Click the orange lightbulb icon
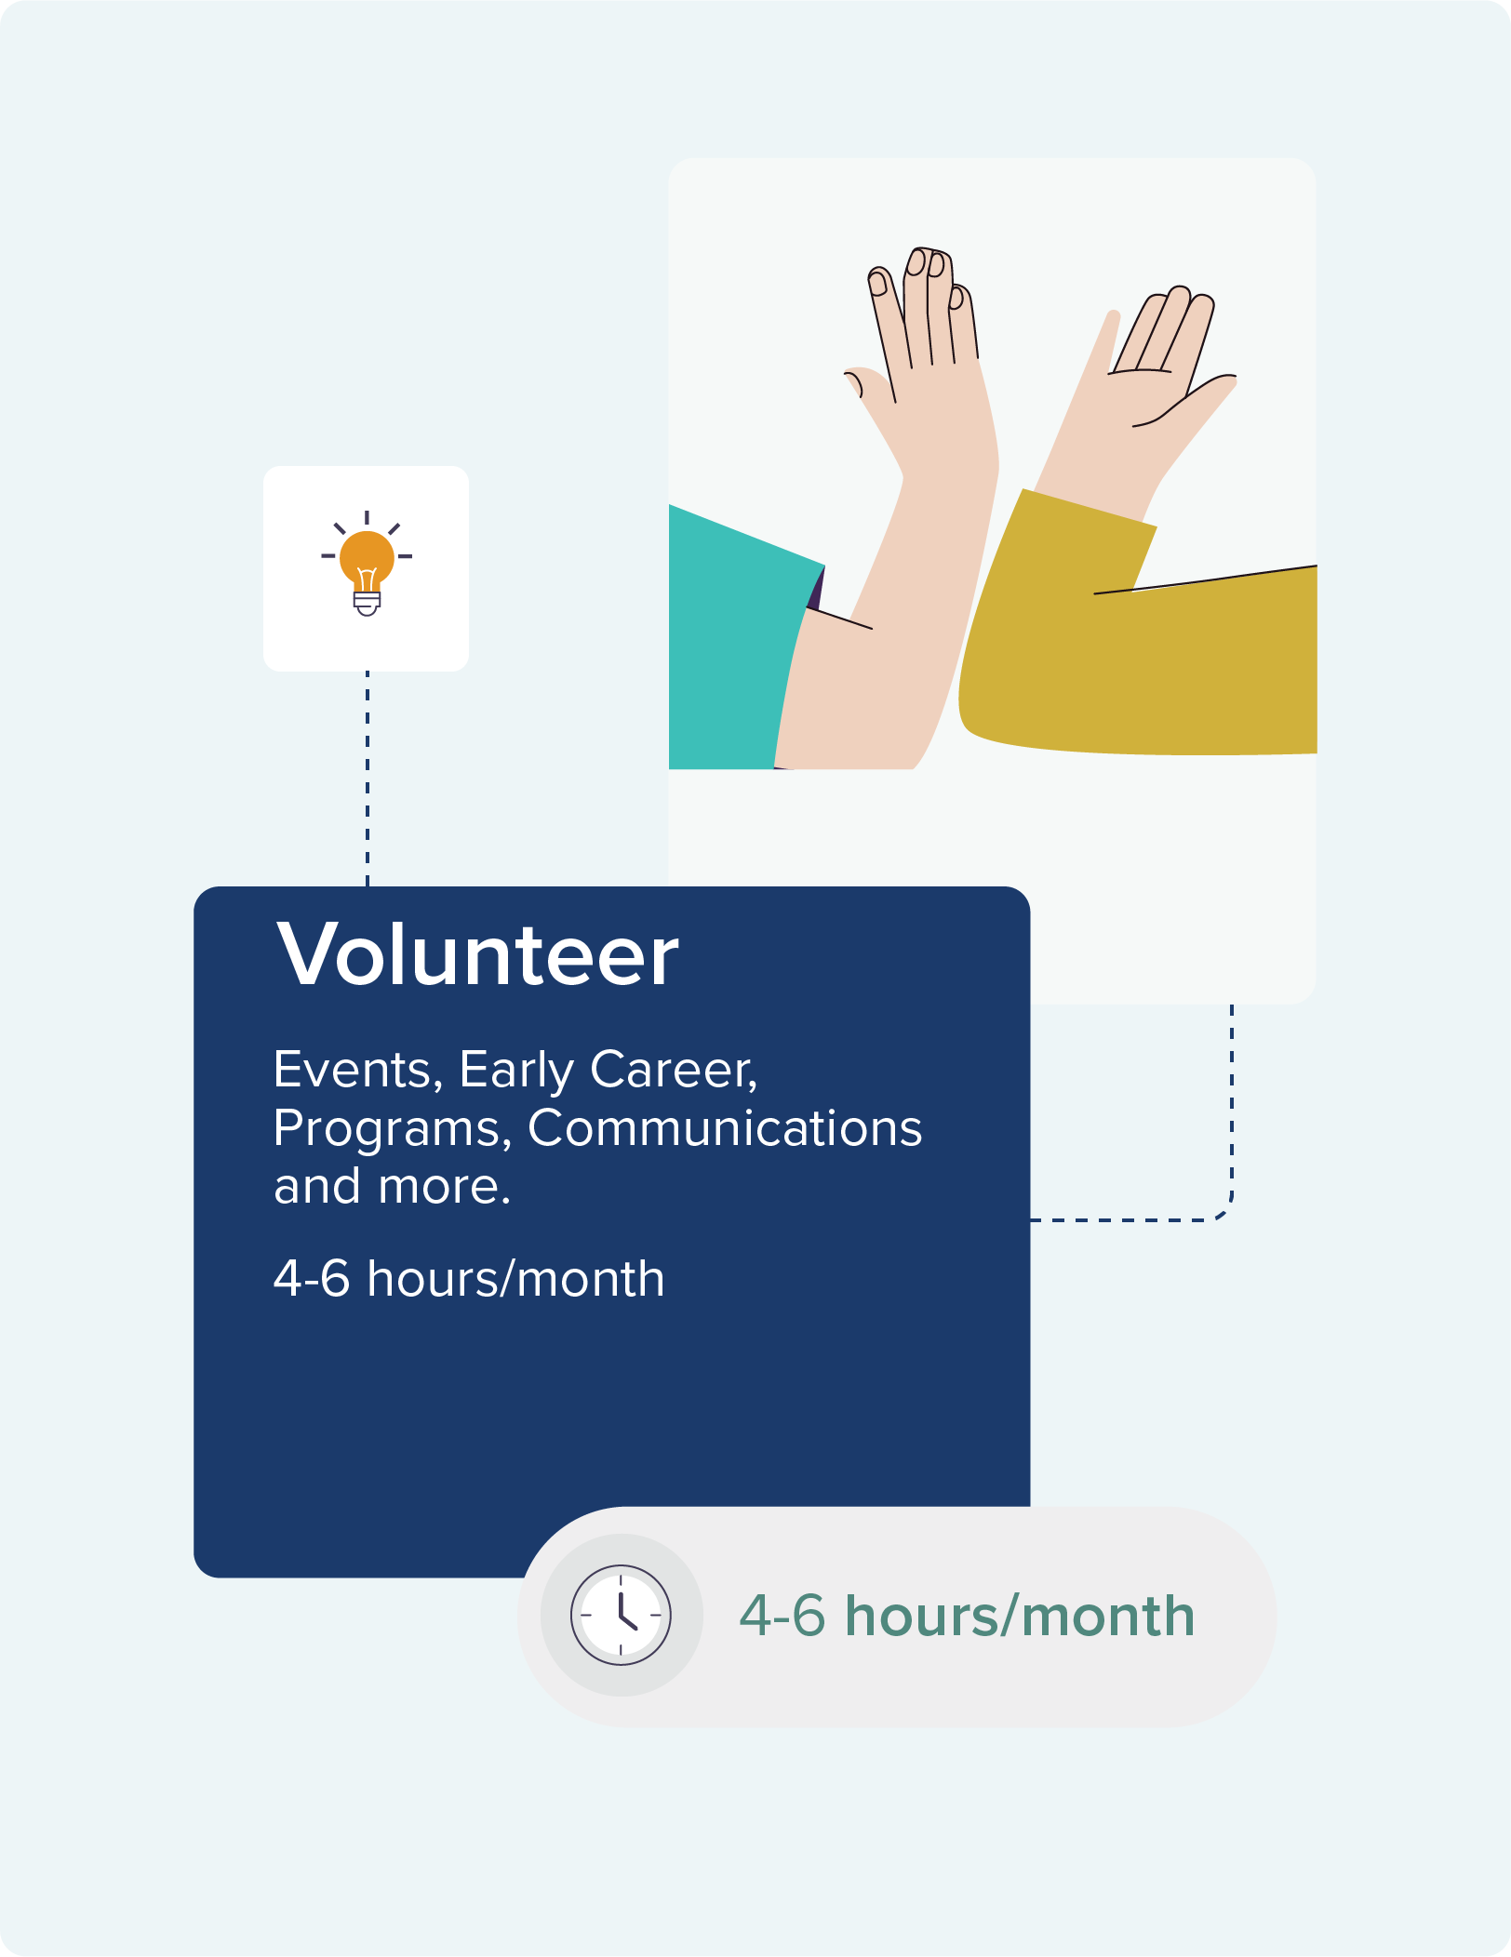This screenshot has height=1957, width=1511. (367, 564)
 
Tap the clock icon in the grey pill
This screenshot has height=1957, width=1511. (621, 1615)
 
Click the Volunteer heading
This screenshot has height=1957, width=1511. (477, 954)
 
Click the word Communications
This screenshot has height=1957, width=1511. (725, 1128)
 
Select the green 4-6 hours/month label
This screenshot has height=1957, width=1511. (967, 1616)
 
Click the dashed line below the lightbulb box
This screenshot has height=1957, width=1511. (368, 779)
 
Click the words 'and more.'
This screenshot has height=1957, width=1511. (392, 1187)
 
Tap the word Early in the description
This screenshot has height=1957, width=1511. (516, 1072)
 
